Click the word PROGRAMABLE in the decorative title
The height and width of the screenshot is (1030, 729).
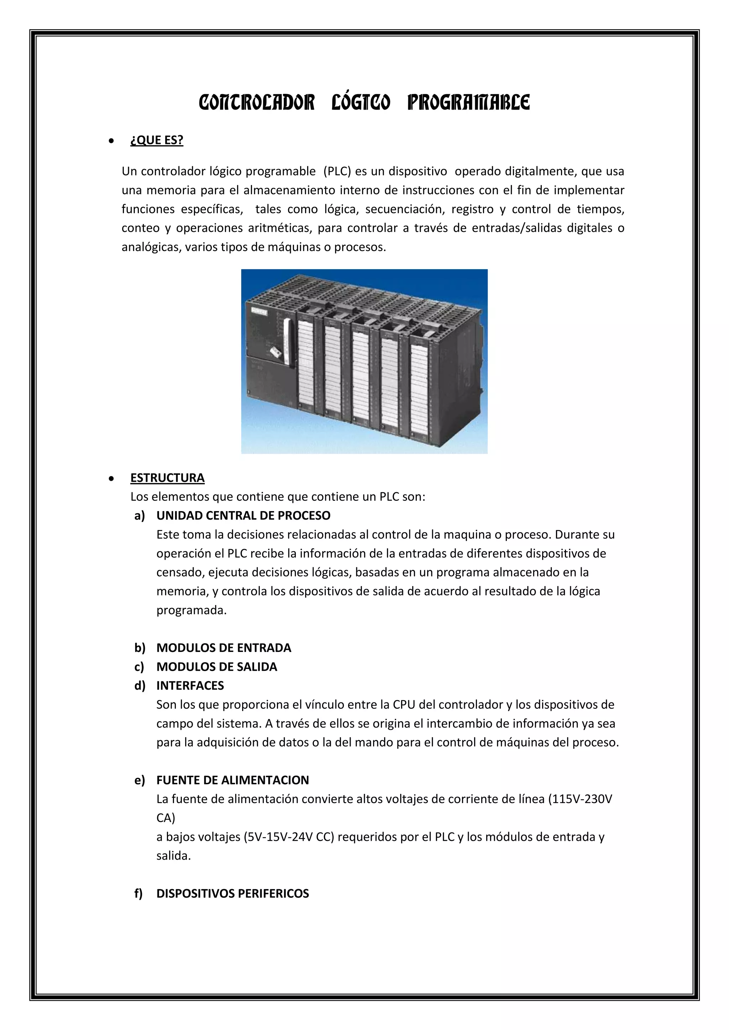(468, 103)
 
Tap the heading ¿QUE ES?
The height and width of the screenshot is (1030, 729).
(157, 140)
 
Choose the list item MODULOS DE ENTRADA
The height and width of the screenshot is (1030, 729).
(224, 648)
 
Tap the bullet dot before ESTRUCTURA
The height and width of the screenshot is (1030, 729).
(111, 479)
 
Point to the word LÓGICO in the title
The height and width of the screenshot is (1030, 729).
(361, 103)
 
